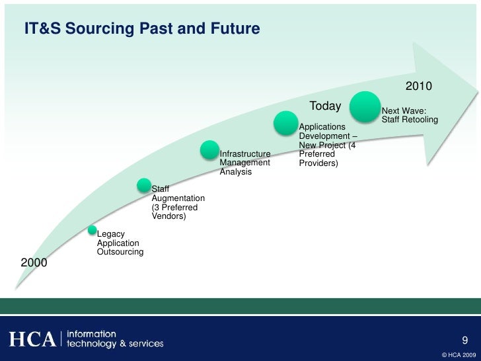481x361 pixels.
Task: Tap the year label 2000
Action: (x=34, y=262)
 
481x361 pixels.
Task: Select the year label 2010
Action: (x=418, y=87)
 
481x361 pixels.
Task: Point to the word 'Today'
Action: (x=325, y=106)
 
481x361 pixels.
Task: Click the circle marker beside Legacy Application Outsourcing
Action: (x=92, y=230)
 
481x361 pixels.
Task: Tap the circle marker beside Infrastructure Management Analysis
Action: (x=209, y=150)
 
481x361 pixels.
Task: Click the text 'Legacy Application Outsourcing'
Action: (x=120, y=243)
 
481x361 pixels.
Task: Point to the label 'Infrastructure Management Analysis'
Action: (x=245, y=163)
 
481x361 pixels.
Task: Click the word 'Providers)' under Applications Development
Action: (x=318, y=163)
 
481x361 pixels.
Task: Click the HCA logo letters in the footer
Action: (x=31, y=339)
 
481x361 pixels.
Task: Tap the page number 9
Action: (x=465, y=341)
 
